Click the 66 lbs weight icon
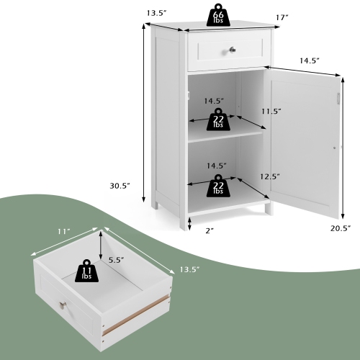coord(218,16)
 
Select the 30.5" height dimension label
coord(120,186)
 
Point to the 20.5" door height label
coord(340,228)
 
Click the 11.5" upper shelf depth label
coord(271,112)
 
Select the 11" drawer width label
coord(64,231)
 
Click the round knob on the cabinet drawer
coord(232,50)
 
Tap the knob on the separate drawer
coord(66,307)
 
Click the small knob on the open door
coord(333,148)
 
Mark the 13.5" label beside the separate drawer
coord(189,269)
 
